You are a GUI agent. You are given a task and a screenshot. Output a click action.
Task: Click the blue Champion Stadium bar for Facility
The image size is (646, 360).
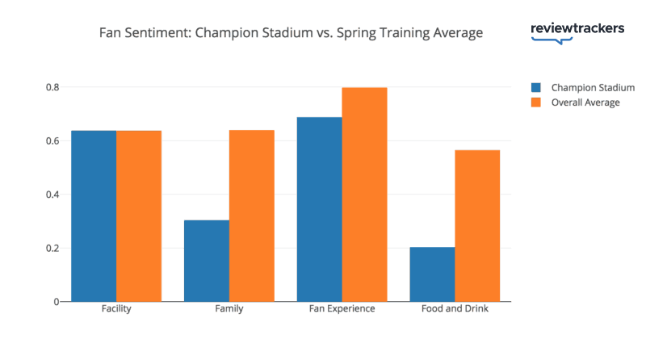[94, 216]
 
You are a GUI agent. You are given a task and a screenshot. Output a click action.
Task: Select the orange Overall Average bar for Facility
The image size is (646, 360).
[139, 216]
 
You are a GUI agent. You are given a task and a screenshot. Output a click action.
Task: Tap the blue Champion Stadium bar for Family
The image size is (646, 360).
[207, 261]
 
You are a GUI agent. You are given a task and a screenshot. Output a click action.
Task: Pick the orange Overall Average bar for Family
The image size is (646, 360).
[252, 216]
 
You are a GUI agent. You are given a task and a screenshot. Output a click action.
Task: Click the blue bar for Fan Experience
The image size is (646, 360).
[320, 209]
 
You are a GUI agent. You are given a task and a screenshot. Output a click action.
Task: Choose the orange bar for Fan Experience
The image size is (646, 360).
[365, 194]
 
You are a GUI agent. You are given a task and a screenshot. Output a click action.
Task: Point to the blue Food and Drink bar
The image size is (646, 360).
[433, 274]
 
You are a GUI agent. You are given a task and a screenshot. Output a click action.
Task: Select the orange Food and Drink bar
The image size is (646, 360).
[478, 225]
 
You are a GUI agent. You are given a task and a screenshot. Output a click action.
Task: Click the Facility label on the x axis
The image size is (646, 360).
[116, 309]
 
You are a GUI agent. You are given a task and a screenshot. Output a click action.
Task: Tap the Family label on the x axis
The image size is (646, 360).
[229, 309]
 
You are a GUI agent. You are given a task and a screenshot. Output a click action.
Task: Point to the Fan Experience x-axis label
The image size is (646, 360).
[342, 309]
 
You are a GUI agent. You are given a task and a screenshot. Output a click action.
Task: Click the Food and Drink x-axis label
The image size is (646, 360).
[455, 309]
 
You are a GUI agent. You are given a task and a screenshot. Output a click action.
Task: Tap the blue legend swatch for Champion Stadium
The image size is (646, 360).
[536, 87]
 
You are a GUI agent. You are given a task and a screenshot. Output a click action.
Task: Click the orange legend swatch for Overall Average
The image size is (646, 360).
[536, 103]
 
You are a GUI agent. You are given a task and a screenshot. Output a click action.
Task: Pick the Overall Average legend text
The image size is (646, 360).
[585, 103]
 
